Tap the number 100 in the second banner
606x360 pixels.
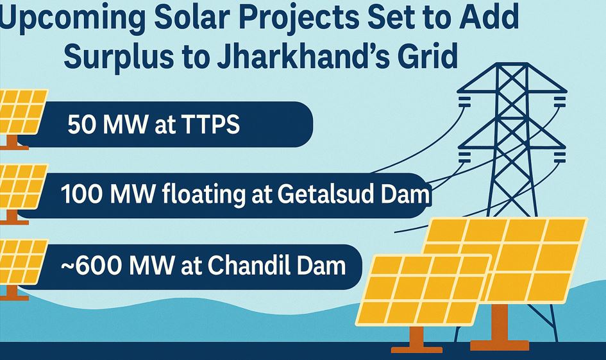82,194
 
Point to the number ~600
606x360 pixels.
91,266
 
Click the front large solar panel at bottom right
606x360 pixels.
423,289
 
